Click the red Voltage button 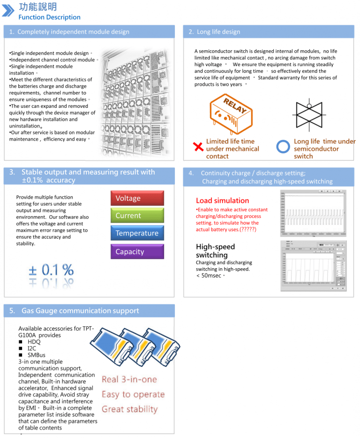click(x=137, y=198)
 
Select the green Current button click(x=137, y=216)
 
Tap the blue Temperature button click(x=137, y=233)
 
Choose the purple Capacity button click(x=137, y=252)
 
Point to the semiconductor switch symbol click(x=309, y=115)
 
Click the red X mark click(x=198, y=148)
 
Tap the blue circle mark click(x=284, y=147)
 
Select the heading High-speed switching click(x=215, y=251)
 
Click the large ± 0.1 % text click(x=51, y=270)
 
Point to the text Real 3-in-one click(x=129, y=379)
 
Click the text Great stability click(x=130, y=409)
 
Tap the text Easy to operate click(x=133, y=394)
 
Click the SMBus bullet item click(x=39, y=355)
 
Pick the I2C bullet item click(x=35, y=348)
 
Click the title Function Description click(x=49, y=17)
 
